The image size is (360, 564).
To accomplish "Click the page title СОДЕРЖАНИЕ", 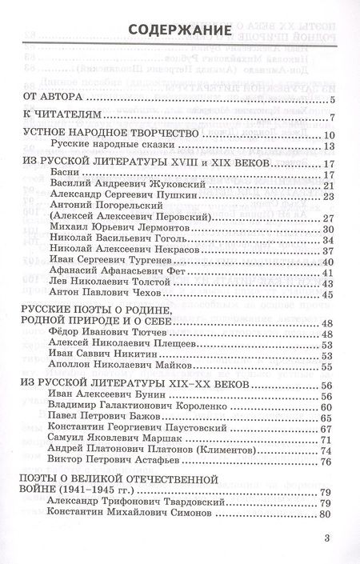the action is [180, 30].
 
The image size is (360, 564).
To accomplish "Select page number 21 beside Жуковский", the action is [327, 186].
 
